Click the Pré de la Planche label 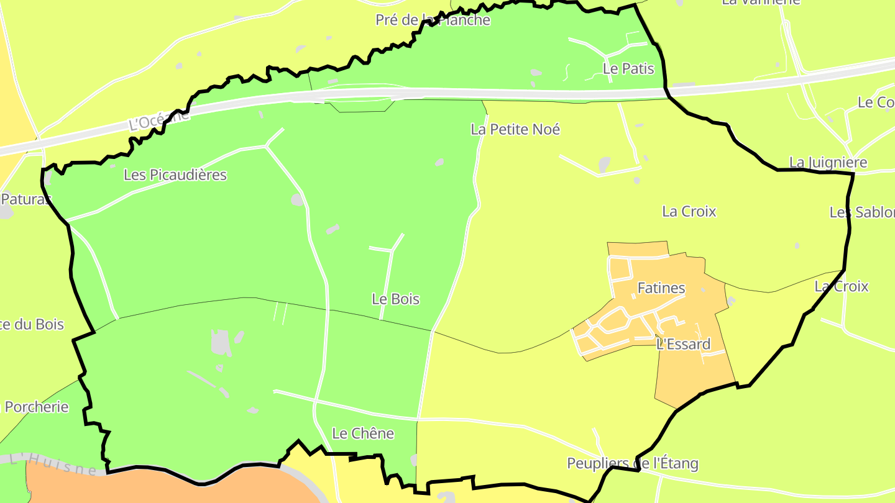coord(433,20)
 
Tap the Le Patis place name coord(628,68)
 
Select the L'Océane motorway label coord(158,119)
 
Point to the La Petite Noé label coord(515,129)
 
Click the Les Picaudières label coord(175,175)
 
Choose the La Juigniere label coord(828,163)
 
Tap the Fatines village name coord(661,288)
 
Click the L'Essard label coord(683,344)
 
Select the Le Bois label coord(395,299)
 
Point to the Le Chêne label coord(363,433)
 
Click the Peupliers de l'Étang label coord(633,463)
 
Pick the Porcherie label coord(36,407)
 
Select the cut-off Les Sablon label coord(863,212)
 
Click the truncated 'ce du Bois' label coord(32,324)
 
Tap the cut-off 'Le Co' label coord(876,102)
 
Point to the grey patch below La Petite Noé coord(604,165)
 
